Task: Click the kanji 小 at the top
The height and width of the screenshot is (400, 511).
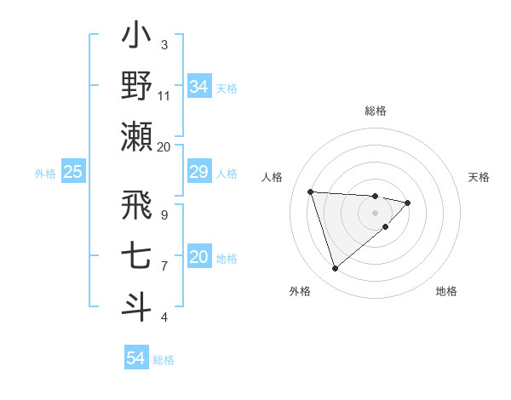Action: click(136, 37)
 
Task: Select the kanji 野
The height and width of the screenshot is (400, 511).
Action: click(136, 86)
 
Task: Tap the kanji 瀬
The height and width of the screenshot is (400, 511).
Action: click(136, 136)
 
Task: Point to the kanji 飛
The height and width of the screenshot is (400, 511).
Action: click(136, 205)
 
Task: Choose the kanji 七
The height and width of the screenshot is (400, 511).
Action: click(136, 256)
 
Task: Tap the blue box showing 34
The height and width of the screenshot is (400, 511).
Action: click(198, 87)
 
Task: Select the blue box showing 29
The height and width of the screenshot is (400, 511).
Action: click(198, 173)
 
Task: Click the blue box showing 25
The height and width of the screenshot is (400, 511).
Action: click(72, 173)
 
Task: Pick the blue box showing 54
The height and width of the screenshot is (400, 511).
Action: click(135, 358)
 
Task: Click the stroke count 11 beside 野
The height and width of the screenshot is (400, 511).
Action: click(164, 96)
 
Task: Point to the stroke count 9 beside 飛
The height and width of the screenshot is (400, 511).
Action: click(164, 214)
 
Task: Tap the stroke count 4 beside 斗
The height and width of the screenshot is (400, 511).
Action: click(164, 317)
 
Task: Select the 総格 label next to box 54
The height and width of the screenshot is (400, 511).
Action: click(164, 360)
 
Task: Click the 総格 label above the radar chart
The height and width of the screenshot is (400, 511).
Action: click(375, 111)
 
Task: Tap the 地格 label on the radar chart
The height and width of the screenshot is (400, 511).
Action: click(446, 291)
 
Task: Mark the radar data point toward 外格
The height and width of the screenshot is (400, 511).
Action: click(335, 269)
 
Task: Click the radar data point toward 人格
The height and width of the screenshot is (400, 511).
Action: click(311, 191)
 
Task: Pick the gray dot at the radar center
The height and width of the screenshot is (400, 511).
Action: click(375, 212)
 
